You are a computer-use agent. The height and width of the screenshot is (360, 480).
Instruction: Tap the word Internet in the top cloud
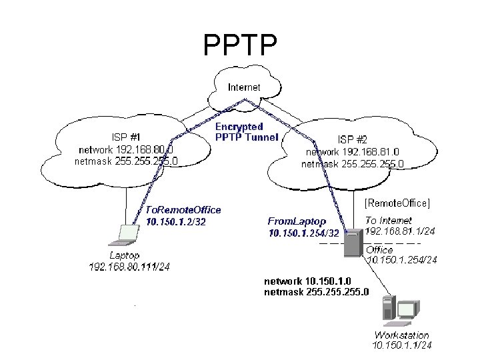pyautogui.click(x=244, y=87)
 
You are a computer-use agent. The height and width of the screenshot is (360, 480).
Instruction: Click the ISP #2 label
pyautogui.click(x=353, y=140)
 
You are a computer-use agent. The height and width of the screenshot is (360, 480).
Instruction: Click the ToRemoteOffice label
pyautogui.click(x=183, y=209)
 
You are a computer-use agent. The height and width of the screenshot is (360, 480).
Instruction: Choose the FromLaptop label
pyautogui.click(x=297, y=221)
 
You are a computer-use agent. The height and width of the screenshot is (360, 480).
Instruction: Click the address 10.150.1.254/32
pyautogui.click(x=304, y=233)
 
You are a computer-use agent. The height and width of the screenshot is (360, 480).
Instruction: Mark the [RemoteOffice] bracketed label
pyautogui.click(x=397, y=201)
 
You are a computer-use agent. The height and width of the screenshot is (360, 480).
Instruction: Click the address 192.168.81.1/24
pyautogui.click(x=400, y=231)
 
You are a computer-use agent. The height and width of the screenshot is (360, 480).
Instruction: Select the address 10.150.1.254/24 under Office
pyautogui.click(x=403, y=260)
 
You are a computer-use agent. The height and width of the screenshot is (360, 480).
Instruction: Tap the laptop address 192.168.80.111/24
pyautogui.click(x=130, y=267)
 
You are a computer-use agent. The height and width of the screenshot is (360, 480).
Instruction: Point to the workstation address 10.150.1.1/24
pyautogui.click(x=402, y=345)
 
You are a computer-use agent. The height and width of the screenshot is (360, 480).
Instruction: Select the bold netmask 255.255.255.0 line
pyautogui.click(x=316, y=291)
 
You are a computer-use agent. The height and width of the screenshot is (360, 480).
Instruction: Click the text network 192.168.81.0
pyautogui.click(x=353, y=151)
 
